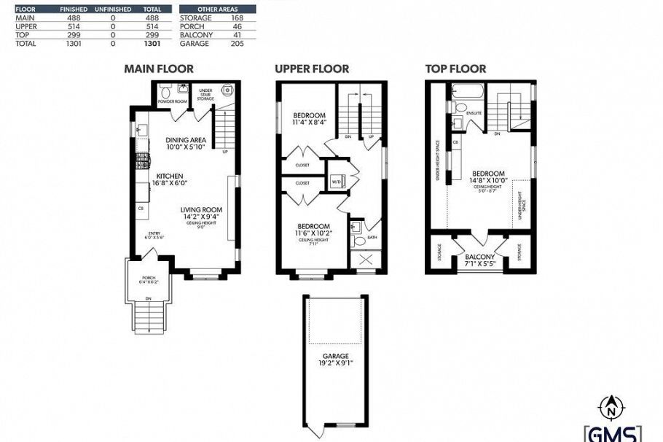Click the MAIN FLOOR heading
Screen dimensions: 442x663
point(159,69)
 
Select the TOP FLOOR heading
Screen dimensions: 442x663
point(455,69)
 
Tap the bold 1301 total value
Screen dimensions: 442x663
point(152,44)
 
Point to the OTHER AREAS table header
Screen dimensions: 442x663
point(218,9)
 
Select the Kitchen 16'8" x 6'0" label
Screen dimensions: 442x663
point(170,179)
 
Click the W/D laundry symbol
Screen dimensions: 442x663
point(337,182)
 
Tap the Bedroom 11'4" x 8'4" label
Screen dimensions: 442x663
point(309,120)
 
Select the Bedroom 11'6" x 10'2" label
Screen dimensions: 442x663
point(313,229)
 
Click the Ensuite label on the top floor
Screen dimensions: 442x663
point(474,113)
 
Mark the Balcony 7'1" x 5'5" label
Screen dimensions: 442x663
point(479,260)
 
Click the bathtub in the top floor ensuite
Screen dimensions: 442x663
point(463,92)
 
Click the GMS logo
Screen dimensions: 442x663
point(613,433)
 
